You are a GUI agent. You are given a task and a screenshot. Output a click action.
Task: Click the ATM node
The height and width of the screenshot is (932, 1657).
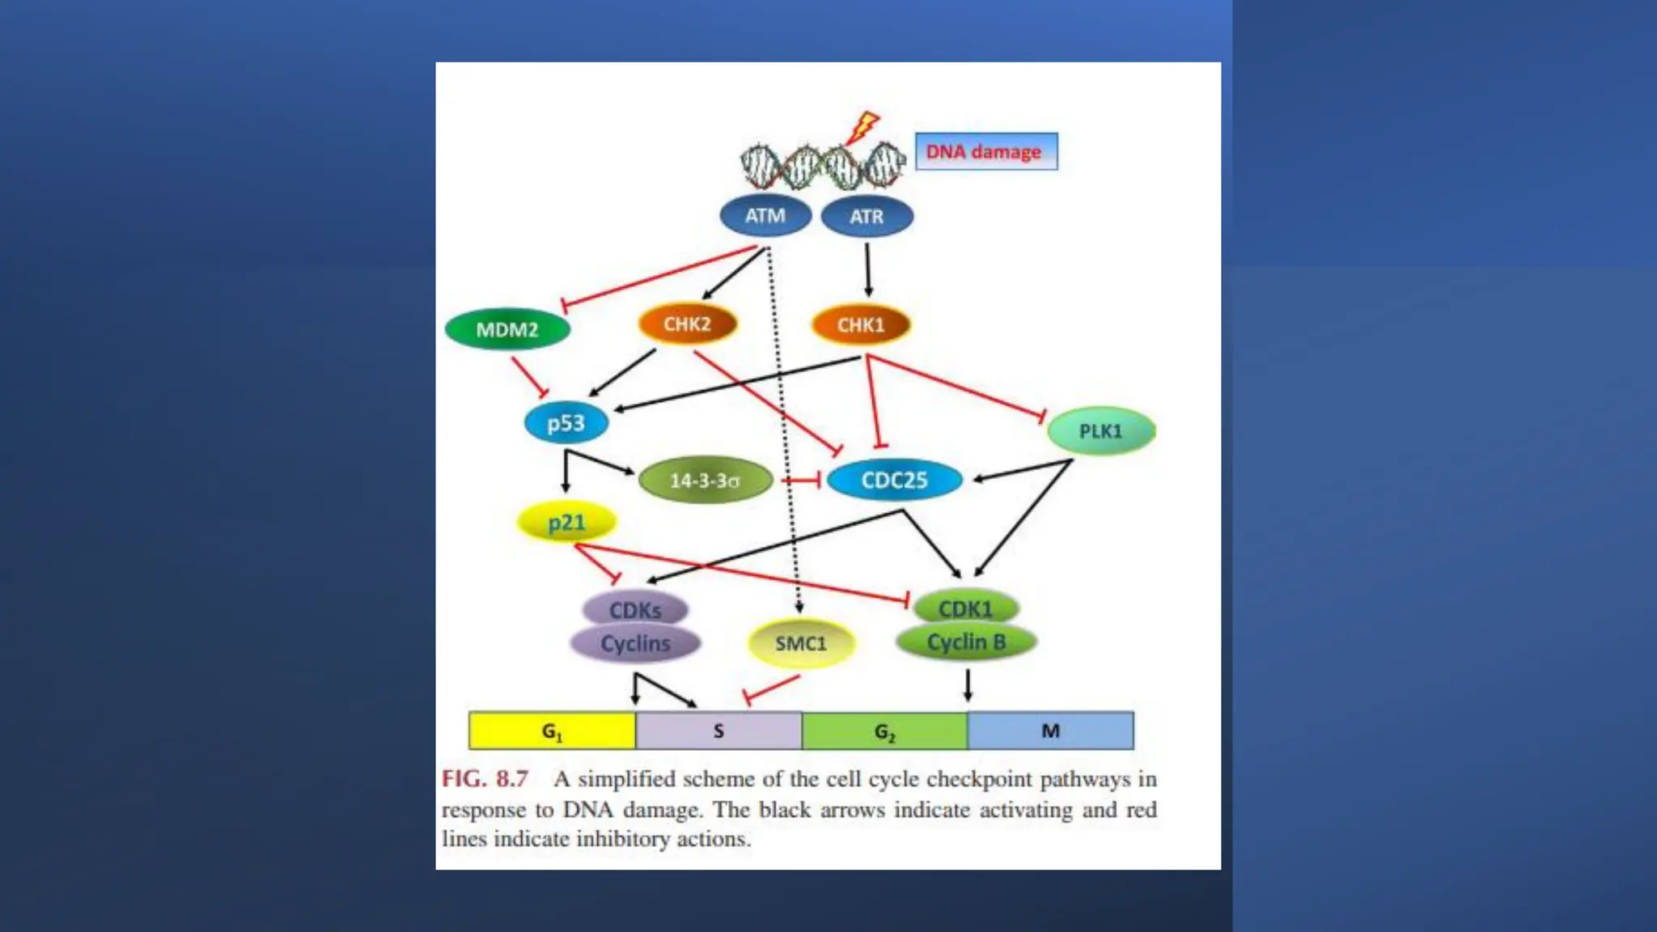click(765, 216)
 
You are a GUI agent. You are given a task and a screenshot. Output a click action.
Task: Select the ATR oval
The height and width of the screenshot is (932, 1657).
click(867, 217)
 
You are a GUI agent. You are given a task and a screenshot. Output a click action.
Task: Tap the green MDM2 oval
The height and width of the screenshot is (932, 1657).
click(507, 329)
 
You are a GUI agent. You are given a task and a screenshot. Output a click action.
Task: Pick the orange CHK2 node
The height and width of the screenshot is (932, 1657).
click(688, 324)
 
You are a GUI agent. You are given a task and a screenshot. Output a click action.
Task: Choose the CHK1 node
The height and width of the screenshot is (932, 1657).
click(861, 325)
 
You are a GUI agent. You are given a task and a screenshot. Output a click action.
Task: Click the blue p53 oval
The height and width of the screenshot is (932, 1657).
click(566, 423)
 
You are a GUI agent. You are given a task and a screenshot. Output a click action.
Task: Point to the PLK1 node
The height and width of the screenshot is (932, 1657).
click(1101, 430)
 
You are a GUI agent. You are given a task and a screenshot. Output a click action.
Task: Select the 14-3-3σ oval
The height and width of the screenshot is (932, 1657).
click(705, 481)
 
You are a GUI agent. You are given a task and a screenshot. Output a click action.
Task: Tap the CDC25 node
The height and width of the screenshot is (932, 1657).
click(894, 481)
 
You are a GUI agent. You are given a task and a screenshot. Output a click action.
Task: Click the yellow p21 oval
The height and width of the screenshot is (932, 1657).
click(566, 523)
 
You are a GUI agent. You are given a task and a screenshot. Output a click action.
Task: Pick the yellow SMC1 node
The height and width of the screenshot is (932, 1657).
click(801, 643)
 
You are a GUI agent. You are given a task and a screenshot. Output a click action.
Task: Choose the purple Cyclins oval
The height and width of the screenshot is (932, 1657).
click(635, 643)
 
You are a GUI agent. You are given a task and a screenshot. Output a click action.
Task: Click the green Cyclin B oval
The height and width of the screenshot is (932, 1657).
click(966, 642)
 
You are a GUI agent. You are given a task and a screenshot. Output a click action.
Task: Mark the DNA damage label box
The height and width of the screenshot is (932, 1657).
click(985, 151)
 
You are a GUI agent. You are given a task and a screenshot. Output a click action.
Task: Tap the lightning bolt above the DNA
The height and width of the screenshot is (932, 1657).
click(865, 125)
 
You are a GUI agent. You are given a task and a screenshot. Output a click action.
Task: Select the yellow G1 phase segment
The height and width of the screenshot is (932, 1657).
click(552, 731)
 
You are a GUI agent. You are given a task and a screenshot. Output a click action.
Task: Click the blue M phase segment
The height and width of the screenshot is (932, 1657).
click(1050, 731)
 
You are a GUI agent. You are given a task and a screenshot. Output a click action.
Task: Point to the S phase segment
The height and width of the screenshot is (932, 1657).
click(718, 731)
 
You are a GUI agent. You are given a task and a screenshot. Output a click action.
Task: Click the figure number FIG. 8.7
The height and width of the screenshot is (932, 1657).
click(485, 779)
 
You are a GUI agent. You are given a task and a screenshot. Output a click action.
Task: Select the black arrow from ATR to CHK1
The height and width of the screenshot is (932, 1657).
click(868, 270)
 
